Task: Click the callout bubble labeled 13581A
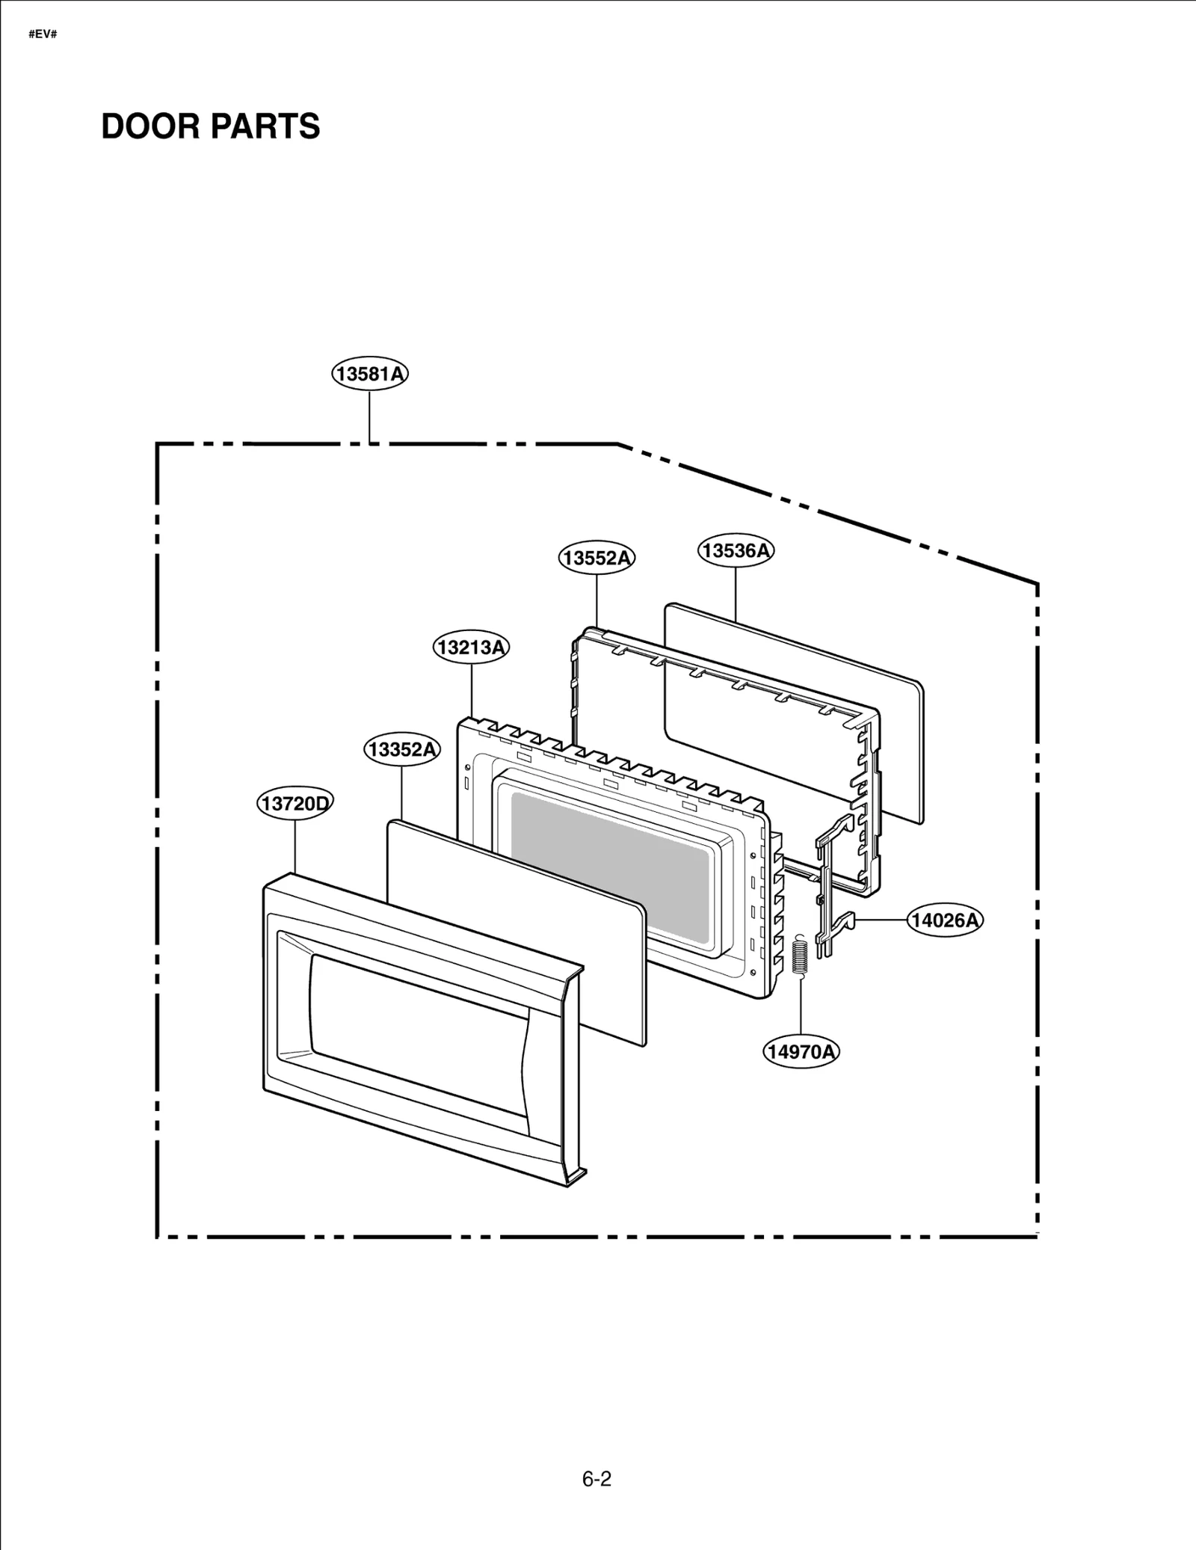pos(370,373)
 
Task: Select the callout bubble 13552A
pos(597,558)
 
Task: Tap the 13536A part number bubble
pos(736,550)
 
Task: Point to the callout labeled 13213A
pos(471,647)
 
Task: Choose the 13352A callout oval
pos(402,748)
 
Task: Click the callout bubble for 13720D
pos(295,804)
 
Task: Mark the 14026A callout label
pos(945,920)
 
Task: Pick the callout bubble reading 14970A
pos(801,1051)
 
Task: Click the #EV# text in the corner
pos(43,35)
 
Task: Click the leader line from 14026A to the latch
pos(882,920)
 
